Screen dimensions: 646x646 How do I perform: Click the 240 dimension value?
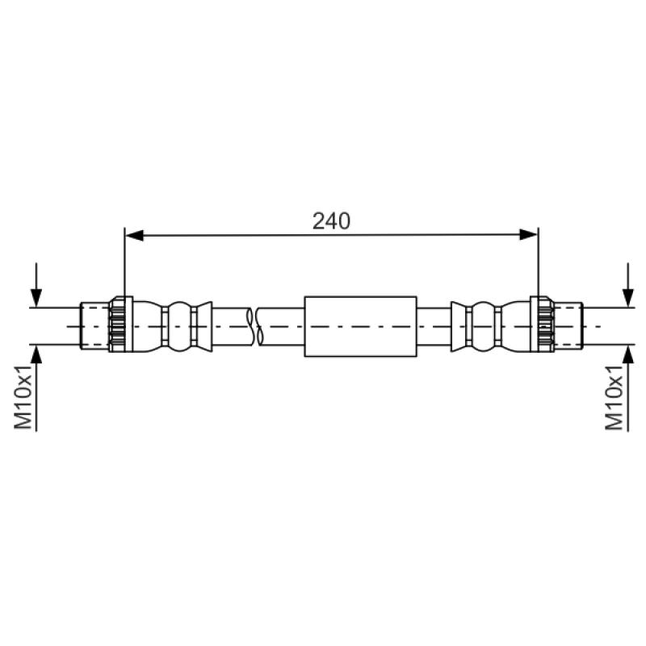tap(331, 220)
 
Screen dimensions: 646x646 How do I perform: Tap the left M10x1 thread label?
tap(23, 396)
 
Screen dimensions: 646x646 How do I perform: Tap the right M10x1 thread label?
tap(615, 397)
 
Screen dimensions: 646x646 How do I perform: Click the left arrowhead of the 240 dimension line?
tap(134, 235)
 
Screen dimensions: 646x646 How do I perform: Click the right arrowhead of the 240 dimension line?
tap(529, 235)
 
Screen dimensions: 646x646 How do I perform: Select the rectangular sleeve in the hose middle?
tap(360, 326)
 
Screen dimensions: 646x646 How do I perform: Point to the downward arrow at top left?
tap(36, 285)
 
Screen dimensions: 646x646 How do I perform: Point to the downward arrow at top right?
tap(628, 285)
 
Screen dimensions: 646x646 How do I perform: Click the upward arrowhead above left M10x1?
tap(36, 354)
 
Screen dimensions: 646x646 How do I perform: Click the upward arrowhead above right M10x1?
tap(628, 354)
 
